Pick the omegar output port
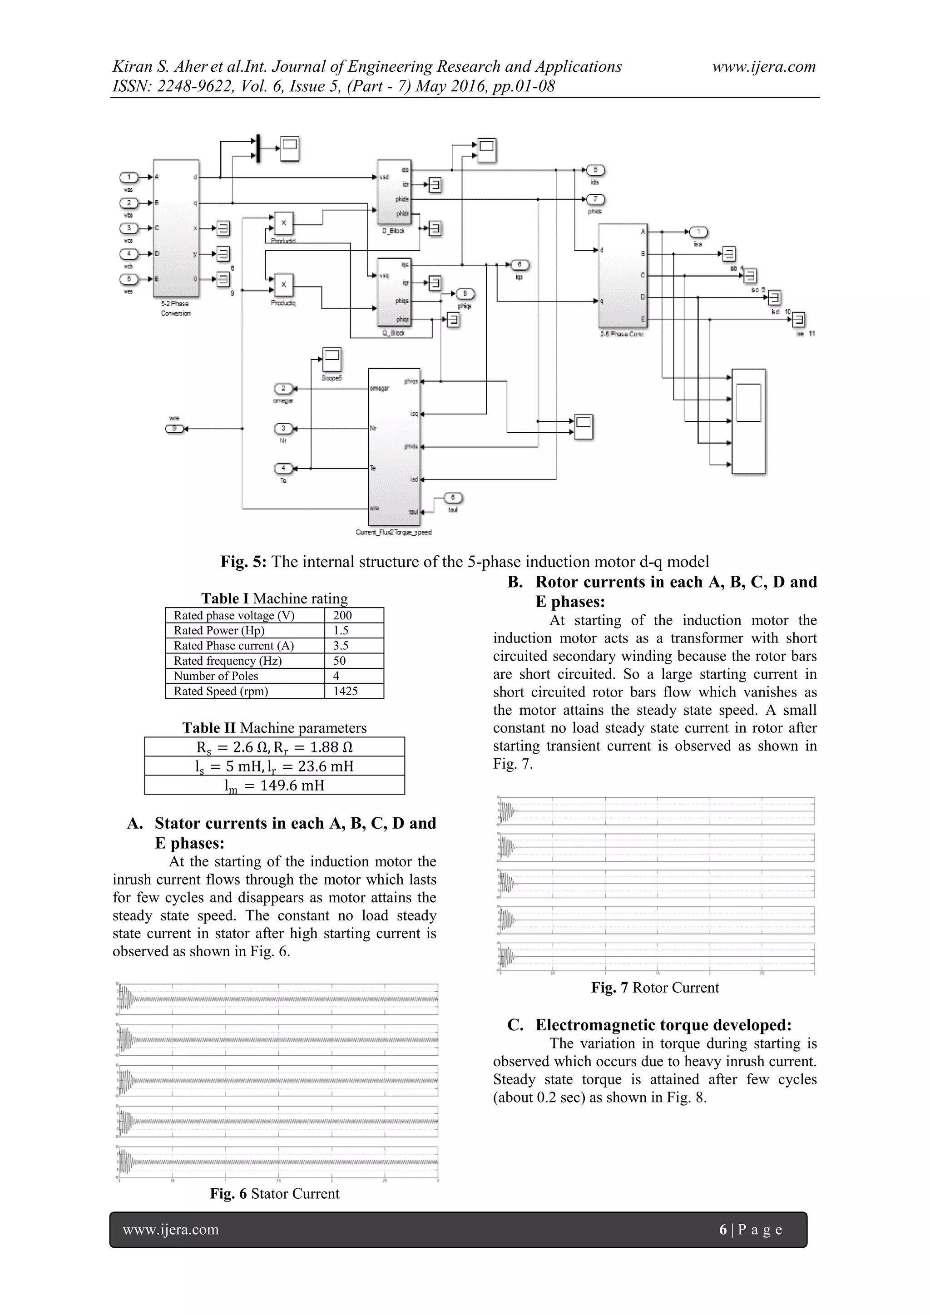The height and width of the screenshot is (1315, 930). tap(283, 389)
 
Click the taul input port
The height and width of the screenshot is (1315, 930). tap(453, 497)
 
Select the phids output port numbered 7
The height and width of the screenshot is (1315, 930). tap(596, 199)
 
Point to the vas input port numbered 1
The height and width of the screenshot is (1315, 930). tap(129, 177)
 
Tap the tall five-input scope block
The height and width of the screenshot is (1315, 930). tap(748, 421)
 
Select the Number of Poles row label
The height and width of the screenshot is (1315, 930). tap(216, 676)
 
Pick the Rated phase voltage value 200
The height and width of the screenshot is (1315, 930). tap(342, 615)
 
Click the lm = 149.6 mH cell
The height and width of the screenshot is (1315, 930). tap(274, 785)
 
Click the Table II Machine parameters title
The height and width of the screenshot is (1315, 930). tap(274, 728)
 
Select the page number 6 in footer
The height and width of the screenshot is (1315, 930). tap(722, 1229)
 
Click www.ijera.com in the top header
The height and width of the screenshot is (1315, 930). tap(763, 67)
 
